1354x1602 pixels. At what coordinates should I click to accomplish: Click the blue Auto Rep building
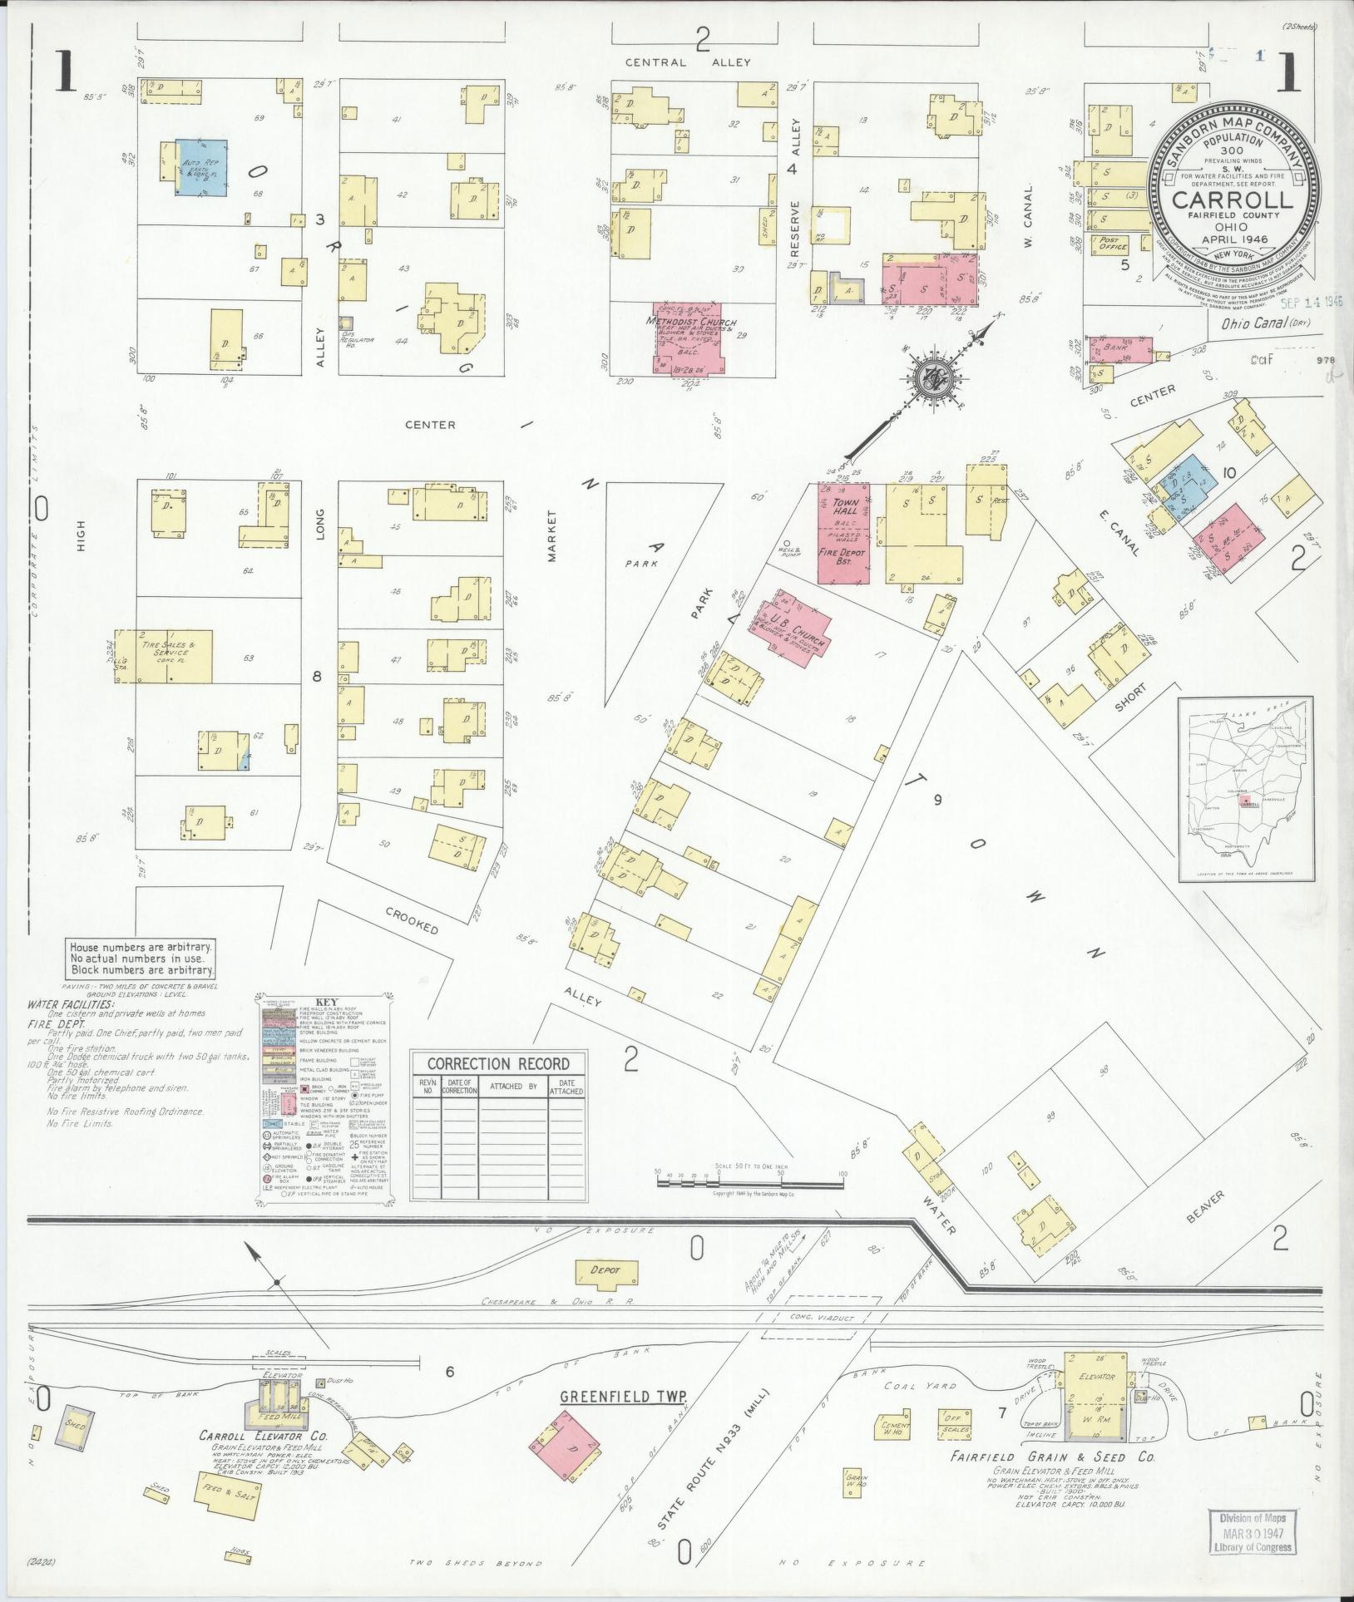click(x=202, y=167)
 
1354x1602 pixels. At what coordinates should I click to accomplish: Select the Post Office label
click(x=1114, y=242)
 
